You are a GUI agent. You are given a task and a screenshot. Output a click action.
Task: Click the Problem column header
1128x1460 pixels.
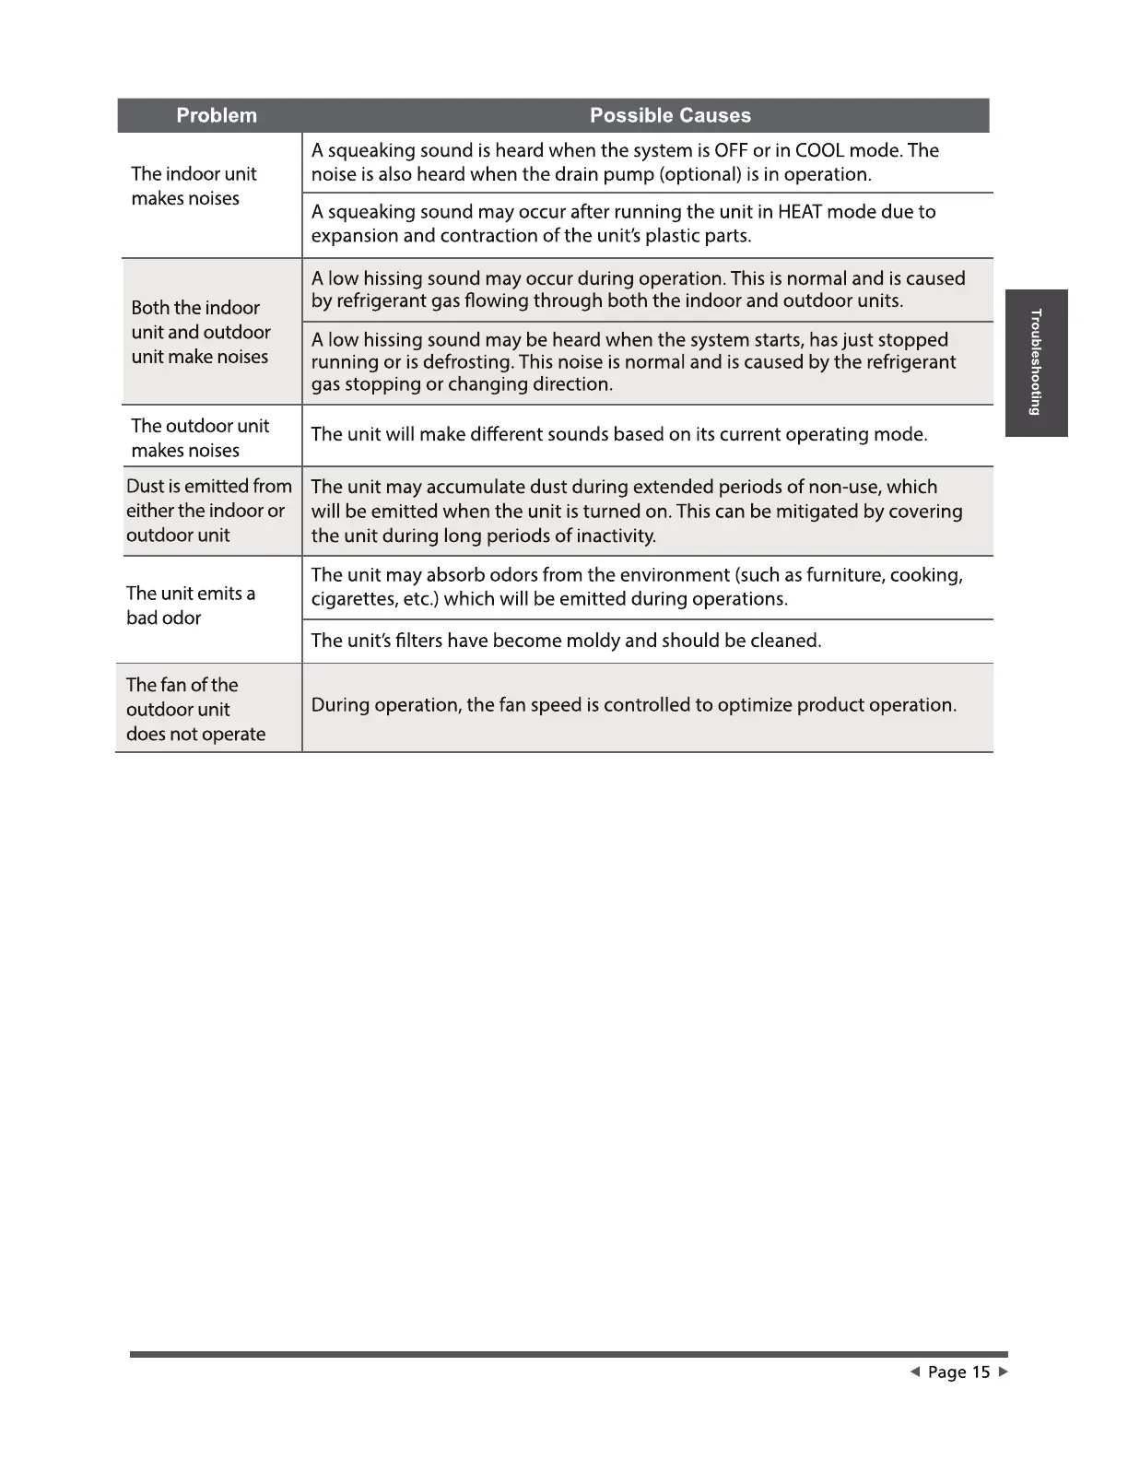tap(217, 116)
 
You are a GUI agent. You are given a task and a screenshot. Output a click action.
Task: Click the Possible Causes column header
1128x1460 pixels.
tap(670, 116)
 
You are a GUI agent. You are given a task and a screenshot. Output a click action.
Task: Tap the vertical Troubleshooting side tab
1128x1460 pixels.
tap(1036, 362)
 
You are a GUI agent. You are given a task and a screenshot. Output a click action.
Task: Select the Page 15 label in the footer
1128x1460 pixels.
tap(958, 1372)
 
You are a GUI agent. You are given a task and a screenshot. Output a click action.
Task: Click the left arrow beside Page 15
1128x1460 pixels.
tap(914, 1372)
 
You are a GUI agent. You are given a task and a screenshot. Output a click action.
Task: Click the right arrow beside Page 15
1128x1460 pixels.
tap(1003, 1372)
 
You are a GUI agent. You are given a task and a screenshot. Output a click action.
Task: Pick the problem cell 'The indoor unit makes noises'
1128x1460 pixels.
tap(194, 186)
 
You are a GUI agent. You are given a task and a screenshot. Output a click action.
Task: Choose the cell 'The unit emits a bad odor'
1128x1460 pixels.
tap(190, 606)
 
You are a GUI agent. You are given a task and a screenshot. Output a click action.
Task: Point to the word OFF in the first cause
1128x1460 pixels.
tap(731, 150)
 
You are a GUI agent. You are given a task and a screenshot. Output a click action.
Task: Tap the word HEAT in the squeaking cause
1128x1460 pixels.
tap(799, 212)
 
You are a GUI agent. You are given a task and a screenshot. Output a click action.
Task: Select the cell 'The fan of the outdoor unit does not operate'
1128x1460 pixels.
tap(195, 710)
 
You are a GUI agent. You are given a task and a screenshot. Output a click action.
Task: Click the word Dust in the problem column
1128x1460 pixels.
tap(145, 487)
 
